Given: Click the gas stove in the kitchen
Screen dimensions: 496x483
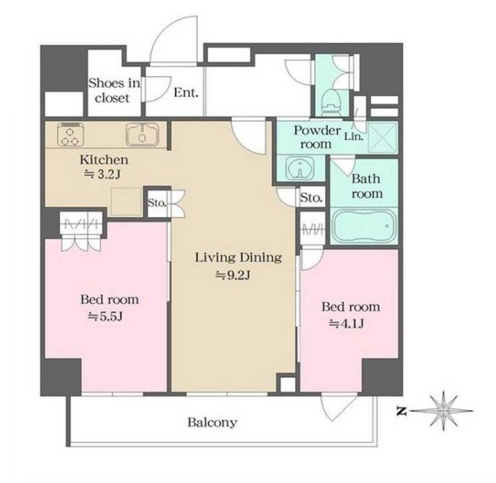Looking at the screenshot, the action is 70,134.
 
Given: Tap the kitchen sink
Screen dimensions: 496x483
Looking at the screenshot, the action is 143,134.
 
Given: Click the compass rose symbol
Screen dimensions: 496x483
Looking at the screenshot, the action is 443,411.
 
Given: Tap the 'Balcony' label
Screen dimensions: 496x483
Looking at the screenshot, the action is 212,422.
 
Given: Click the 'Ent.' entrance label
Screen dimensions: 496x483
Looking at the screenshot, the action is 186,93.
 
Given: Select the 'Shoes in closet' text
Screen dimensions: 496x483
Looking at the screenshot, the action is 114,91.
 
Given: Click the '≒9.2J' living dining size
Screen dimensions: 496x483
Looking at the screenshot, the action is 233,276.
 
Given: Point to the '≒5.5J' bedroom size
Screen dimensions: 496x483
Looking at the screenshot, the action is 105,316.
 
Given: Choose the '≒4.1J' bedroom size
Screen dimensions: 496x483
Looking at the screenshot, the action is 347,323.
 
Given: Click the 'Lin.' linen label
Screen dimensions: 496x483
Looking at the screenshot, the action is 354,136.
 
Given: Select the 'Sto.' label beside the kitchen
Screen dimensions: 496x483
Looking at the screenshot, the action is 157,203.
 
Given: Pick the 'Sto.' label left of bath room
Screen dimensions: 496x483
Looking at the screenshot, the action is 311,198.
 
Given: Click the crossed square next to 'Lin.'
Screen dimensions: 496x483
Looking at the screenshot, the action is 383,138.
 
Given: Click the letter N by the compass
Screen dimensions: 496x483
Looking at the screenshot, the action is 402,411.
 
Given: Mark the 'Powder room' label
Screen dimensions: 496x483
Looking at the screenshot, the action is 317,137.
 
